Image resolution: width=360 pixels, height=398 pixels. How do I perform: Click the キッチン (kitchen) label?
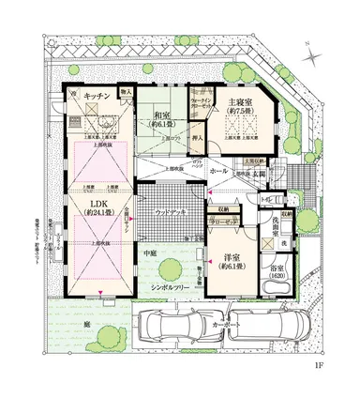[97, 97]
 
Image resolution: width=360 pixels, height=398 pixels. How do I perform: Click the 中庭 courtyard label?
[149, 252]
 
